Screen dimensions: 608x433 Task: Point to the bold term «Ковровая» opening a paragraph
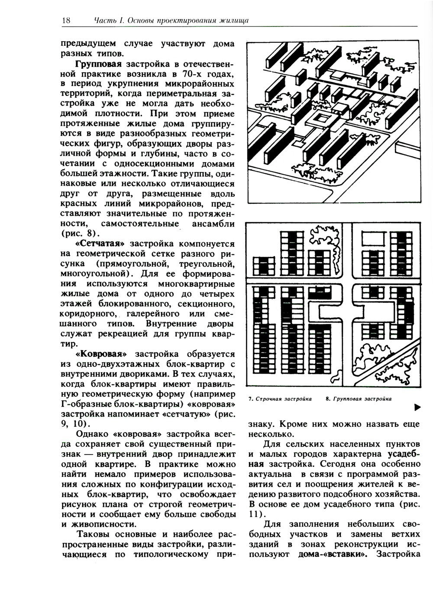100,354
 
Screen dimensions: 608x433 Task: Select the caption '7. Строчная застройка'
280,399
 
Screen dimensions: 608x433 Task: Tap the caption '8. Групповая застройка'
359,399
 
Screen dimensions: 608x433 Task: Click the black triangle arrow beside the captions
417,407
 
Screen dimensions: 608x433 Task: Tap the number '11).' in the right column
256,514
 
